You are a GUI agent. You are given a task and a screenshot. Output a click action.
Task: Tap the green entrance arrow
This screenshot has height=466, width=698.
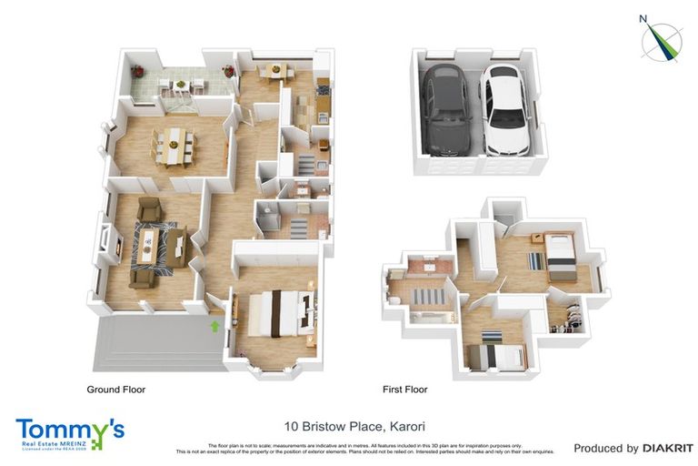point(214,324)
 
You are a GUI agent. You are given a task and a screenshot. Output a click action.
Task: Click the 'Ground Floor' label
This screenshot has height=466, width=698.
point(115,390)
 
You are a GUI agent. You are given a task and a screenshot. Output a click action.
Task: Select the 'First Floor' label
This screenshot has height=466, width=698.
point(404,390)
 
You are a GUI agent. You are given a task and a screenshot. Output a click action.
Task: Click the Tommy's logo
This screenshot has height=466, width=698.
point(69,431)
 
